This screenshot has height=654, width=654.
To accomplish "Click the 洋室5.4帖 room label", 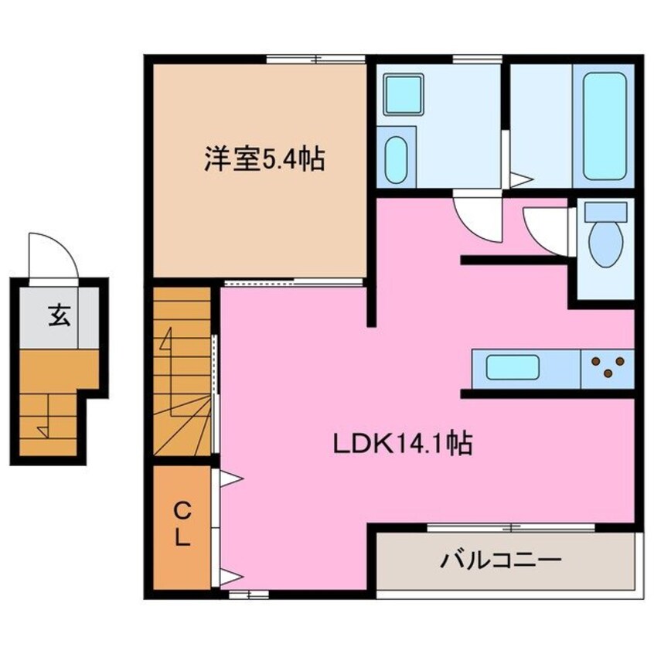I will pyautogui.click(x=264, y=160).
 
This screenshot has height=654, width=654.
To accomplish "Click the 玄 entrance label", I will pyautogui.click(x=58, y=315).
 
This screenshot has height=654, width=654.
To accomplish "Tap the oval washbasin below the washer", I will pyautogui.click(x=396, y=160).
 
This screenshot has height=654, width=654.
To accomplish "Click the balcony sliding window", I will pyautogui.click(x=511, y=528).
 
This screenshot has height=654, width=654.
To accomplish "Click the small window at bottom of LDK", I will pyautogui.click(x=249, y=594).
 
